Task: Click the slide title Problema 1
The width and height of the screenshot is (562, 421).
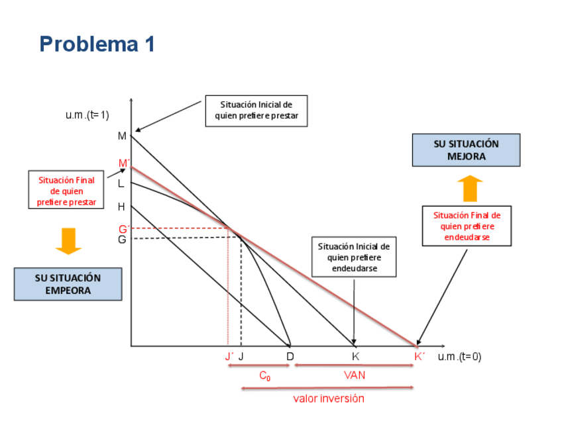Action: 97,44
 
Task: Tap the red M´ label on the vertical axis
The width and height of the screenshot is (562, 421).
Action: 123,163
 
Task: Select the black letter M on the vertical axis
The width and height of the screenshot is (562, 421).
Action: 122,136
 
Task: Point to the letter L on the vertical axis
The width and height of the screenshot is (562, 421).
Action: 121,184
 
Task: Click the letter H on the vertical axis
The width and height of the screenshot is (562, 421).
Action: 121,207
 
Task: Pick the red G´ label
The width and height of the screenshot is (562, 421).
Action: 123,229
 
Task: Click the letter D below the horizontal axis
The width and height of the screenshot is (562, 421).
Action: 290,356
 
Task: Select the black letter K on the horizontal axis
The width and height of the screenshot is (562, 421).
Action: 356,356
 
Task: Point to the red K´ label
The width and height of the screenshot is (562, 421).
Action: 420,356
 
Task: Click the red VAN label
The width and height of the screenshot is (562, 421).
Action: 355,375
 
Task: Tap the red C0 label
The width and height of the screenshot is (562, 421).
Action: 264,376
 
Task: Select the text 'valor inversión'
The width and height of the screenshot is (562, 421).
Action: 329,398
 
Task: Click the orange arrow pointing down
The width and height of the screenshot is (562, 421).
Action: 68,241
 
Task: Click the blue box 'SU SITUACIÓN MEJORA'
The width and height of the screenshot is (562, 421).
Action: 466,150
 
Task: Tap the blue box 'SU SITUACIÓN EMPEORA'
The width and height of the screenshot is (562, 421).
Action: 68,284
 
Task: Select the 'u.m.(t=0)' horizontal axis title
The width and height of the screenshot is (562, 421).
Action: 460,356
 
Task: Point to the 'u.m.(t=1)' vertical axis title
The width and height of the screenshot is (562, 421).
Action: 87,115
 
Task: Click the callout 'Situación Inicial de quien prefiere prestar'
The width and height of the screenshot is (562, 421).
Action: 256,111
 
